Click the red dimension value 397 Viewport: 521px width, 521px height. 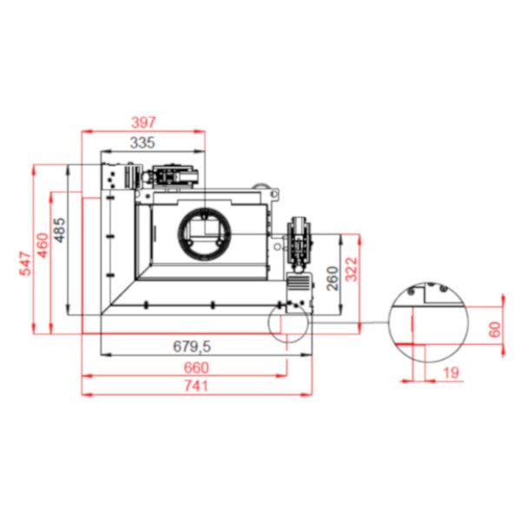[143, 122]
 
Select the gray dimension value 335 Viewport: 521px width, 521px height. [142, 142]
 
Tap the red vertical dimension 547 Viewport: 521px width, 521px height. [25, 264]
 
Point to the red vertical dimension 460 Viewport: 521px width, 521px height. [43, 245]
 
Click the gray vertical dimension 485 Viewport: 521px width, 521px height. [60, 230]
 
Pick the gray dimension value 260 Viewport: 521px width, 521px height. [333, 278]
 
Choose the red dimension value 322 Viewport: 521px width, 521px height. [351, 269]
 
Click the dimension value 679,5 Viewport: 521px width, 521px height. [192, 346]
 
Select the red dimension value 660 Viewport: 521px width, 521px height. [196, 367]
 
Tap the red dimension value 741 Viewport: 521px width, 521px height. [196, 386]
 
